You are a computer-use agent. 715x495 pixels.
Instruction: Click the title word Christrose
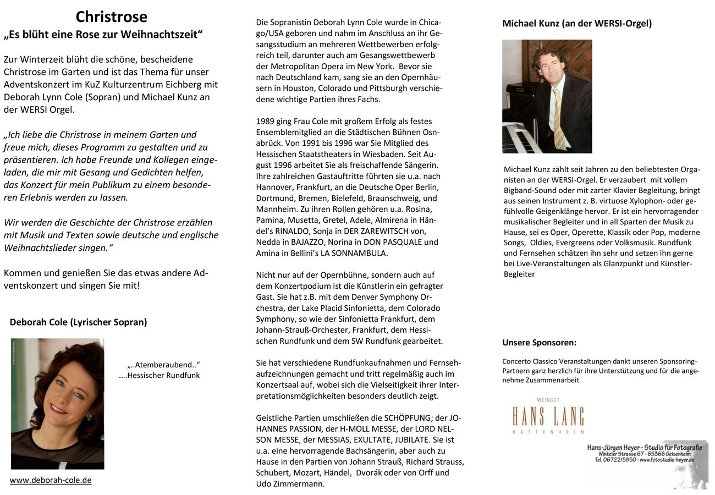click(x=111, y=17)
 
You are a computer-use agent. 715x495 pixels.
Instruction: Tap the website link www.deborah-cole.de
click(x=51, y=480)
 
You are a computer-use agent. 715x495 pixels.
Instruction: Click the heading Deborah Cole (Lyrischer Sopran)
click(x=78, y=322)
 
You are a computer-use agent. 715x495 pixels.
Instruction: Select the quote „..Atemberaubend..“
click(x=163, y=365)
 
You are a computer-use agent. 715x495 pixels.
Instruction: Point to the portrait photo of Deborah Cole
click(x=57, y=403)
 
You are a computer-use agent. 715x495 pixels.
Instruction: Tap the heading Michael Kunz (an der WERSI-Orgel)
click(x=577, y=24)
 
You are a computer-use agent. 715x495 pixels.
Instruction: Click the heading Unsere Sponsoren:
click(x=539, y=343)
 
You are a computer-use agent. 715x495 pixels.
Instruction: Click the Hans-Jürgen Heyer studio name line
click(x=644, y=448)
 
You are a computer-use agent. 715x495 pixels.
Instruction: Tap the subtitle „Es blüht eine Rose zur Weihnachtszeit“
click(x=103, y=35)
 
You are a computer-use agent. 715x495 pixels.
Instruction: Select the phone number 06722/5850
click(x=621, y=460)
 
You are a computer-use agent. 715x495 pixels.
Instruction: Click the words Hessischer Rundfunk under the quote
click(x=163, y=376)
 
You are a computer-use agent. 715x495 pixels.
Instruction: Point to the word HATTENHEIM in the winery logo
click(x=547, y=432)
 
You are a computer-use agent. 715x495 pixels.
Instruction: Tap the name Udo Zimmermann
click(x=290, y=484)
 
